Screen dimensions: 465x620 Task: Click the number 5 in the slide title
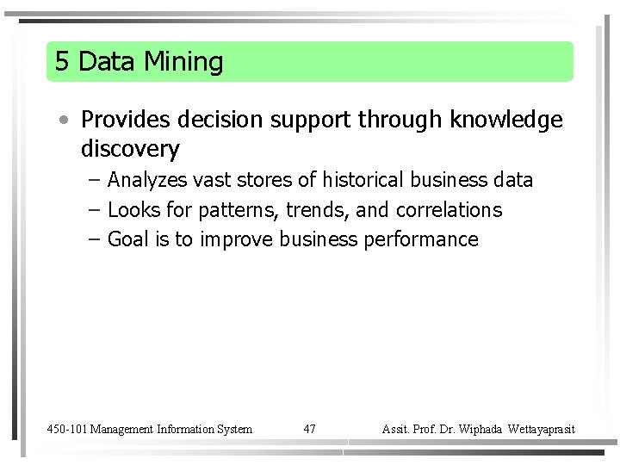(61, 62)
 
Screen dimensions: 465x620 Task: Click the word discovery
(130, 149)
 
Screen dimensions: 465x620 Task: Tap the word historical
(363, 180)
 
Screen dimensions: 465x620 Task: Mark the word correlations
(449, 210)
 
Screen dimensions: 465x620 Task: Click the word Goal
(128, 239)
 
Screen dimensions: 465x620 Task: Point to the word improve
(237, 239)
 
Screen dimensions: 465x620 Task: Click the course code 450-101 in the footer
(66, 429)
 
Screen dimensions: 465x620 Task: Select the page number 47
(310, 429)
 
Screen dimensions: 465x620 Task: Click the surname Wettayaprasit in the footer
(542, 429)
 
